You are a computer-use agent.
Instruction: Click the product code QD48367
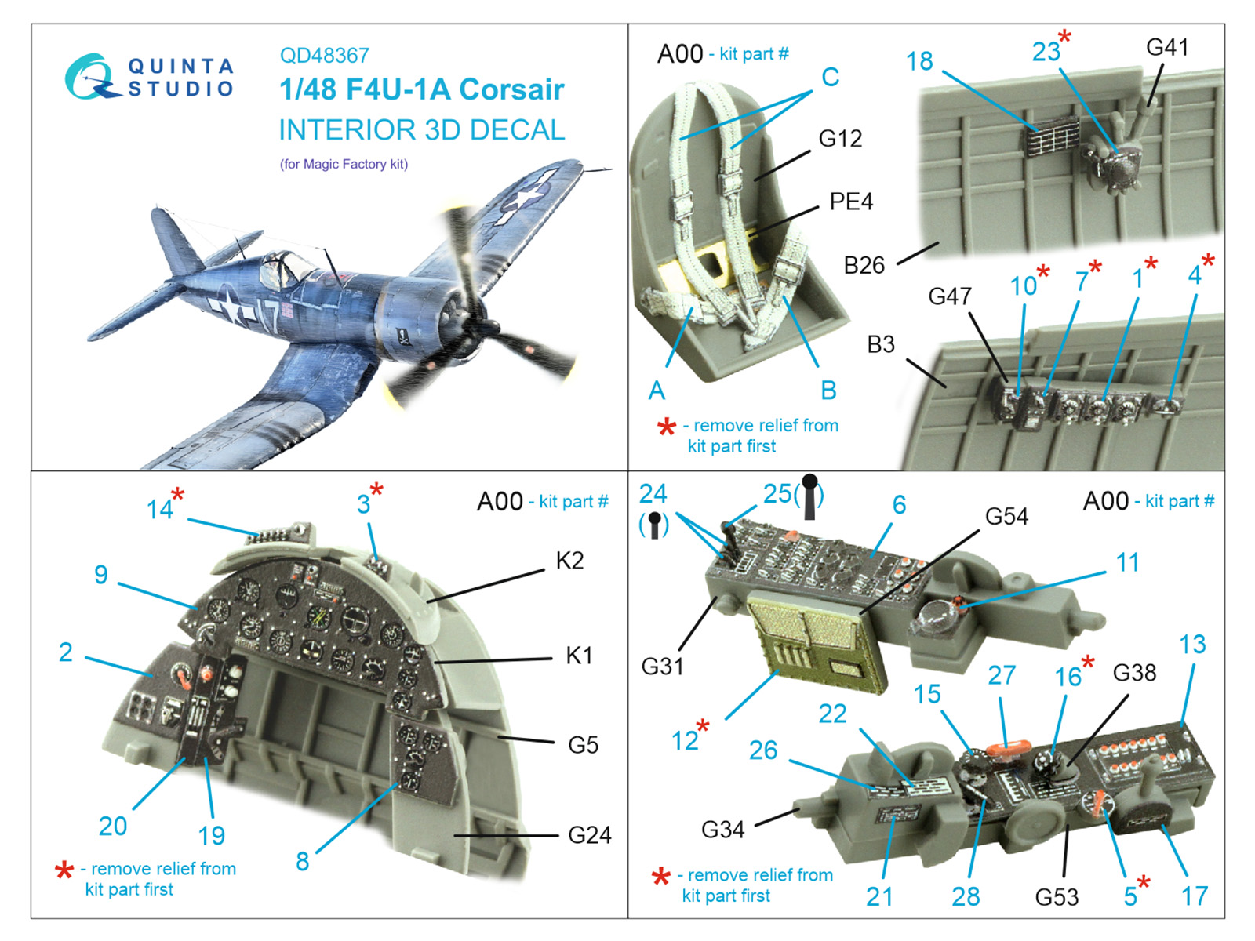[x=324, y=56]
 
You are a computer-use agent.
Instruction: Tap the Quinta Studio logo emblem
[x=92, y=76]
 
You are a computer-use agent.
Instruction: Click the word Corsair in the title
[x=511, y=89]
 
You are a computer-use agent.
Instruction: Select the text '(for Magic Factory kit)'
[x=344, y=165]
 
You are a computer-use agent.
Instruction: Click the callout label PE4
[x=851, y=202]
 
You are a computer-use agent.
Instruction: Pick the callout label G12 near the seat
[x=840, y=138]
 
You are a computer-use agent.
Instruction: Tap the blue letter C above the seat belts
[x=830, y=77]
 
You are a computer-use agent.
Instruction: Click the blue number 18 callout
[x=919, y=62]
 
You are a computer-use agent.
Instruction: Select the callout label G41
[x=1167, y=47]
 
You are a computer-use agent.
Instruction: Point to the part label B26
[x=864, y=266]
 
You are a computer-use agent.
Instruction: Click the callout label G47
[x=950, y=296]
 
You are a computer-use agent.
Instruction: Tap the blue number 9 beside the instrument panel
[x=101, y=575]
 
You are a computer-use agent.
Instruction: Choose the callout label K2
[x=569, y=561]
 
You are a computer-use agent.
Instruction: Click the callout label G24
[x=590, y=835]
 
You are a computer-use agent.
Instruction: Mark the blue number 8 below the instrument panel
[x=303, y=862]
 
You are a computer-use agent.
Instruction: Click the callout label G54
[x=1006, y=517]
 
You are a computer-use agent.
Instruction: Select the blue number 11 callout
[x=1127, y=563]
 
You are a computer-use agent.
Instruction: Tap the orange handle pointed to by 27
[x=1010, y=747]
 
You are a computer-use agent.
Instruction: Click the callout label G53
[x=1057, y=897]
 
